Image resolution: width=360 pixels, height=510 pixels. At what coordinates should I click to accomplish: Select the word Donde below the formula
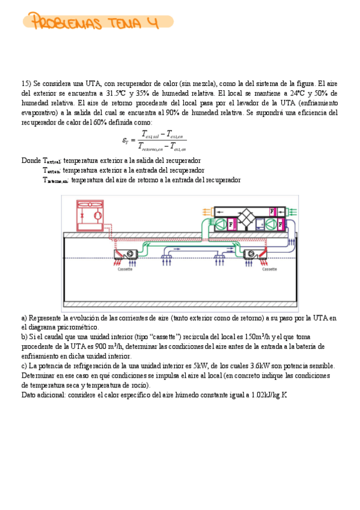(x=30, y=161)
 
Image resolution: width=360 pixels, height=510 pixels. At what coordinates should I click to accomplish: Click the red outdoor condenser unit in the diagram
(x=90, y=214)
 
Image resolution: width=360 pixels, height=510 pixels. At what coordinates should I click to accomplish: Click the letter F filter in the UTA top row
(x=272, y=211)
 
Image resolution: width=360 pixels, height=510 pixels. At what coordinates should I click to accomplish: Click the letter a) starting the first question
(x=23, y=318)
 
